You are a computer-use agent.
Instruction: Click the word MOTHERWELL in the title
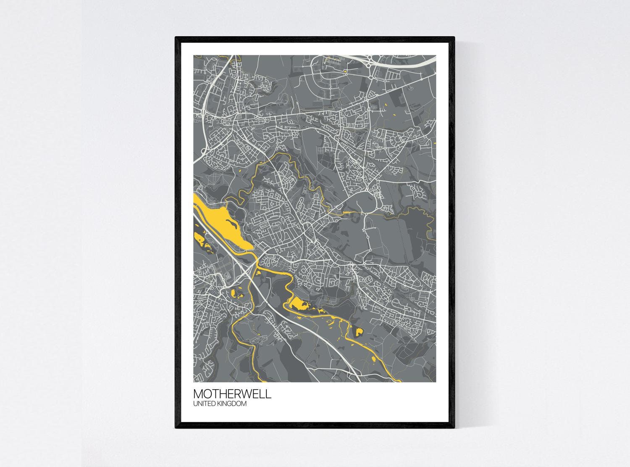(x=232, y=395)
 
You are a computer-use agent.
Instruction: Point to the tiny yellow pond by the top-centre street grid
(x=345, y=71)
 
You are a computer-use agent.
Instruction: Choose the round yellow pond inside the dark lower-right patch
(x=359, y=332)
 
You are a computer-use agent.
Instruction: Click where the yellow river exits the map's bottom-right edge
(x=397, y=381)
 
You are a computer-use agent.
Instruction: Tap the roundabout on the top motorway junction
(x=368, y=59)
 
